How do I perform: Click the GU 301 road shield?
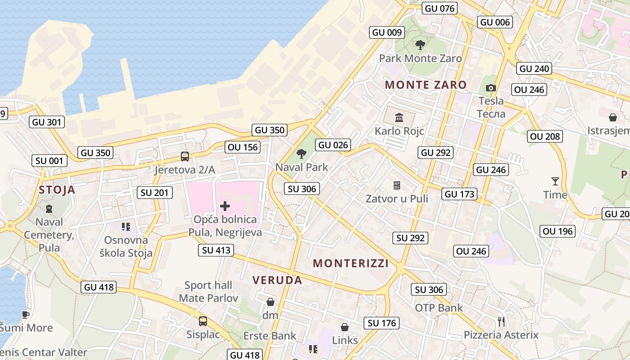47,122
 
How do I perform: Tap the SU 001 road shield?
50,161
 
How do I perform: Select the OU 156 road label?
243,147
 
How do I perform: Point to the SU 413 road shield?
216,250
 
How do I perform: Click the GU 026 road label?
333,145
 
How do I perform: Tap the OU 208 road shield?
545,136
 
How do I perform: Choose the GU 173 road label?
459,194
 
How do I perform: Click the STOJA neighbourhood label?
57,189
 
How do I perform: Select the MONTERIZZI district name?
351,263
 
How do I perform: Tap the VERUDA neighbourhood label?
277,280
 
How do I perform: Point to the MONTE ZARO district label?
426,85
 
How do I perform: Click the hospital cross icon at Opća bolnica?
225,207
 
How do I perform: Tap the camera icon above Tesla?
491,88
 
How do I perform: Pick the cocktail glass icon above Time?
555,181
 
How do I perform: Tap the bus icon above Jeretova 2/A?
185,157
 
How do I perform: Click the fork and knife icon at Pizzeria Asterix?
501,322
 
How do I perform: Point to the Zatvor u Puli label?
397,198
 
